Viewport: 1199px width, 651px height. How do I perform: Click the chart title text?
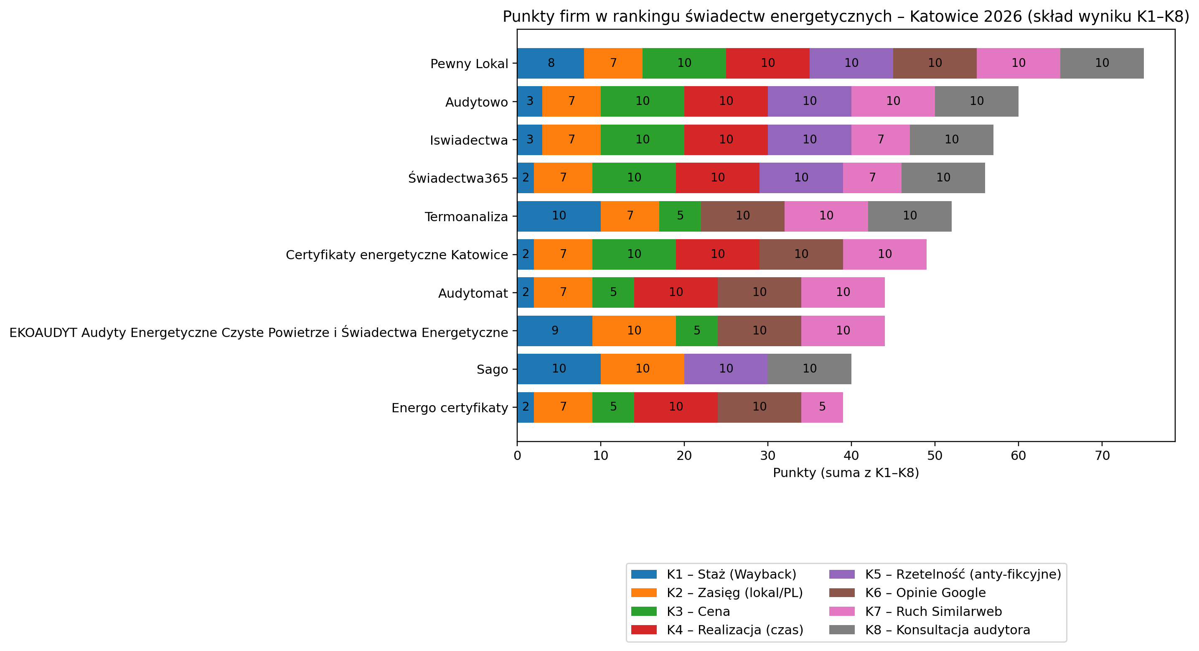846,17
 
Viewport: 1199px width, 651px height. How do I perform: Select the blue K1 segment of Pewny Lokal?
551,63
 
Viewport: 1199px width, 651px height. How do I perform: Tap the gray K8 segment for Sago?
809,369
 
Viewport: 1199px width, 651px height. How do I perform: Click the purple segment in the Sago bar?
726,369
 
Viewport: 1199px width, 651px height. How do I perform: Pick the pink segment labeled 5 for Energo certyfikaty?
822,407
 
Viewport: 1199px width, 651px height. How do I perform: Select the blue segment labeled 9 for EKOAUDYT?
554,331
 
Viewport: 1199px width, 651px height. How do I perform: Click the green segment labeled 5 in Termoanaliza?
680,216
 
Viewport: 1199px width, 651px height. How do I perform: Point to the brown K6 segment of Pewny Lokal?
935,63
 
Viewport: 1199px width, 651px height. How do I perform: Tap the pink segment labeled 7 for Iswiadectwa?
881,140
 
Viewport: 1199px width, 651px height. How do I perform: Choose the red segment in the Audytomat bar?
676,292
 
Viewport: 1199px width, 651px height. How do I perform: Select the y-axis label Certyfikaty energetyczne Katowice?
396,255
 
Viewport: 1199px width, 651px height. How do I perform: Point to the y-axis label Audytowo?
476,102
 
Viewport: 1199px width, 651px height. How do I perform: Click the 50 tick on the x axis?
935,456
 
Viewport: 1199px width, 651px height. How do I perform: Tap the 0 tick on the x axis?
517,456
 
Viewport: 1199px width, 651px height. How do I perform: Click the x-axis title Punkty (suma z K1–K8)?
846,473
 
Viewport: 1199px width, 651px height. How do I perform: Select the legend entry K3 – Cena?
698,611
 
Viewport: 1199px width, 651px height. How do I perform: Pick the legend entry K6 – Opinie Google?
925,593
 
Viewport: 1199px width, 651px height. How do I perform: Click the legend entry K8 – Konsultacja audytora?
947,630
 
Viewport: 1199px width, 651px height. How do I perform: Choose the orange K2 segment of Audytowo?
571,102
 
